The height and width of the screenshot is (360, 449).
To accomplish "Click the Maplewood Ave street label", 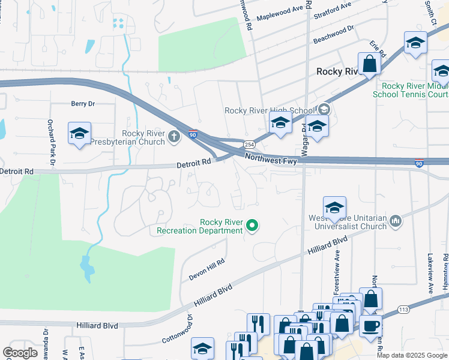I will pyautogui.click(x=280, y=14).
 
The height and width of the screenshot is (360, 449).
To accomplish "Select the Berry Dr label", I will pyautogui.click(x=83, y=104).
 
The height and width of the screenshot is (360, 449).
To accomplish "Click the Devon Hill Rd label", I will pyautogui.click(x=206, y=269).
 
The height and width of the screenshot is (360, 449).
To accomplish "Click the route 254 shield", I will pyautogui.click(x=249, y=145).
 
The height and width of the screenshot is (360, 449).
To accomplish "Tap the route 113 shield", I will pyautogui.click(x=403, y=310).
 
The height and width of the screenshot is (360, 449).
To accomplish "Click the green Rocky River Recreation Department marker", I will pyautogui.click(x=253, y=226).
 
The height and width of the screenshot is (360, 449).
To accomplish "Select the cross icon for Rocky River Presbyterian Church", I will pyautogui.click(x=174, y=136).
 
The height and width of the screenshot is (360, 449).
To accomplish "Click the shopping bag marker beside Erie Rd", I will pyautogui.click(x=369, y=63).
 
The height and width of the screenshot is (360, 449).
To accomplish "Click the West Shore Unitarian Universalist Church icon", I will pyautogui.click(x=396, y=221).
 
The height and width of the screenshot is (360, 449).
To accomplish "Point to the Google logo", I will pyautogui.click(x=20, y=353).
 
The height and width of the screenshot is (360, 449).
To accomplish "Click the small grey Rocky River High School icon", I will pyautogui.click(x=324, y=109).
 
